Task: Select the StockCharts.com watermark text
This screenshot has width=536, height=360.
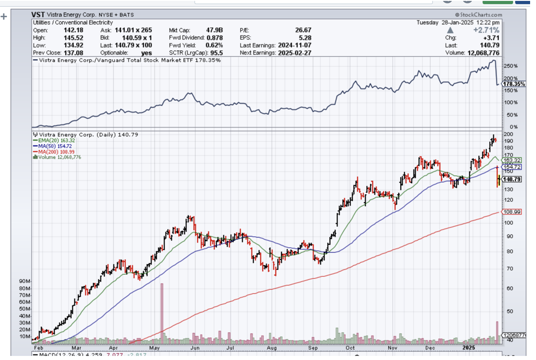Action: pos(478,15)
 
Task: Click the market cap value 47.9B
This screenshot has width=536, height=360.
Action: pos(214,30)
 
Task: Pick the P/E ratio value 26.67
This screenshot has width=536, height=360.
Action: pos(302,30)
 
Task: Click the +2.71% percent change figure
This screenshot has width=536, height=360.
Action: pos(486,30)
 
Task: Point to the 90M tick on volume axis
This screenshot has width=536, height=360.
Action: pos(24,282)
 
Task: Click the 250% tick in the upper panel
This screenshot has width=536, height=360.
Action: pos(510,66)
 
